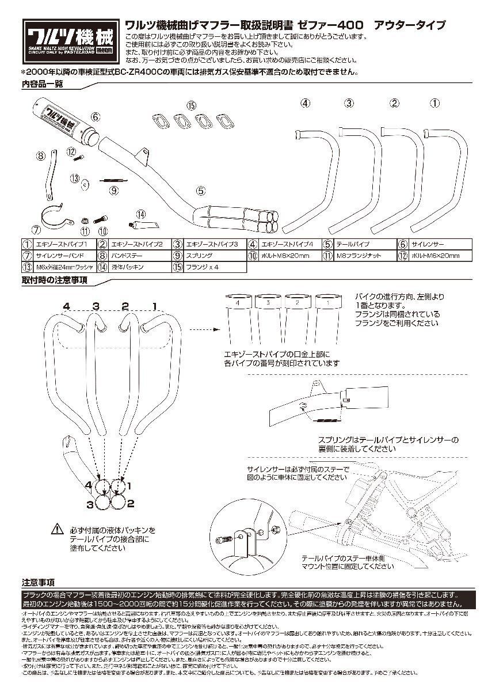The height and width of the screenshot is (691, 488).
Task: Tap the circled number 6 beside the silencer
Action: click(96, 116)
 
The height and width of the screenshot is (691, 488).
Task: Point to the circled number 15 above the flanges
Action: click(191, 105)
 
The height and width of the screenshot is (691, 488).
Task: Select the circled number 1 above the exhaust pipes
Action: click(435, 103)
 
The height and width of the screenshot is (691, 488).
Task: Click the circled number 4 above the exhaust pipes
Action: click(305, 103)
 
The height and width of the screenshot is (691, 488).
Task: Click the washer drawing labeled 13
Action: click(85, 184)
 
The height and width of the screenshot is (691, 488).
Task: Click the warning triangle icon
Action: click(59, 527)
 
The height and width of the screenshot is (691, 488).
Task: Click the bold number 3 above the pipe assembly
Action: click(96, 305)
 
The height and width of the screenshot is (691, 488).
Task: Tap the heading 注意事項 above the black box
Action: click(39, 582)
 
